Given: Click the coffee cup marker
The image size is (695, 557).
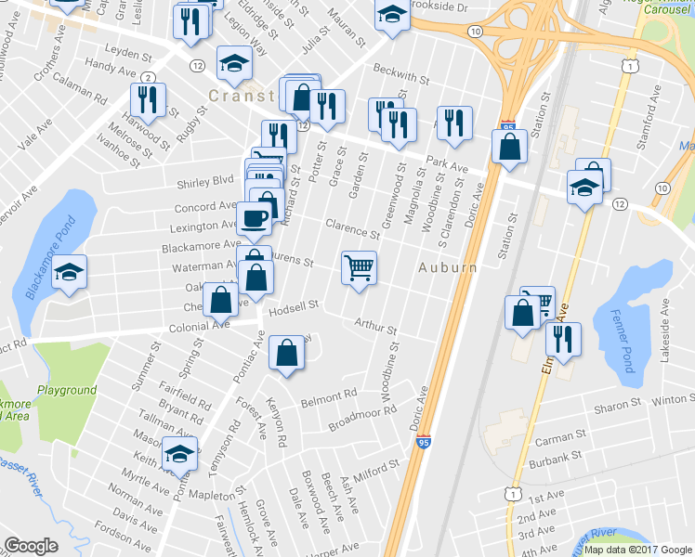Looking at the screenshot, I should [x=253, y=219].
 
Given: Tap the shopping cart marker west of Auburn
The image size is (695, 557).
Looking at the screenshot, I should [x=359, y=268].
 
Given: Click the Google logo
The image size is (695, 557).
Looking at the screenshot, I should [x=32, y=546].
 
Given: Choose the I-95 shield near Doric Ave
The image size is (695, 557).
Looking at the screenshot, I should [x=424, y=446].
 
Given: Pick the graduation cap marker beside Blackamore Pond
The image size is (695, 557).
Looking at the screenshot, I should [x=69, y=273].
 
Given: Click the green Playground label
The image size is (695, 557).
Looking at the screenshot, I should [x=66, y=391].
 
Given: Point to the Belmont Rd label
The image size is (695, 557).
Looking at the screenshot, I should [x=329, y=396].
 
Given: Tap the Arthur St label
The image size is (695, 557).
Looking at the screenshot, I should [x=375, y=328].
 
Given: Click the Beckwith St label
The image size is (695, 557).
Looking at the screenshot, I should [x=400, y=74].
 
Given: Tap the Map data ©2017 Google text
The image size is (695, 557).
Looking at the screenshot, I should [x=636, y=549].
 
